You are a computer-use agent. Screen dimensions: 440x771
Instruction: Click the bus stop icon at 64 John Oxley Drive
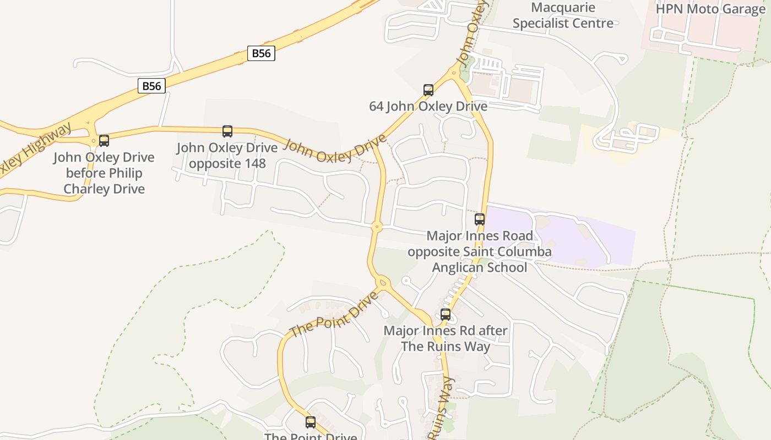pos(428,90)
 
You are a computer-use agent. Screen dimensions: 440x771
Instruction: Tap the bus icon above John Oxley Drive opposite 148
pos(227,131)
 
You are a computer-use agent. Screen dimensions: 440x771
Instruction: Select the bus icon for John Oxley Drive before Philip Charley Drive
pos(104,140)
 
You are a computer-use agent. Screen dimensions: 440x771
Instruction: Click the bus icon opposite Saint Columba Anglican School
pos(480,219)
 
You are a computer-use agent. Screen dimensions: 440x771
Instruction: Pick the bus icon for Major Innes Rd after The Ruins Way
pos(446,315)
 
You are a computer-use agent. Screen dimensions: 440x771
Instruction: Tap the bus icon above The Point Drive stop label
pos(311,422)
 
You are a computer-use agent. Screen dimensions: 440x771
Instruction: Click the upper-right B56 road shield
pos(261,53)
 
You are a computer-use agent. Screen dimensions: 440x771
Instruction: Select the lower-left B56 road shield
pos(151,86)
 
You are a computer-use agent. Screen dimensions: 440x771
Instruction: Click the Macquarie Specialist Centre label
pos(563,15)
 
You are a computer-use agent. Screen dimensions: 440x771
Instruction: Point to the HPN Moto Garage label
pos(710,9)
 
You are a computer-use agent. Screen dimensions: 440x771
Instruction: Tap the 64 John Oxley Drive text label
pos(428,106)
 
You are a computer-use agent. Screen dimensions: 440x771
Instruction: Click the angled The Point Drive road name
pos(334,314)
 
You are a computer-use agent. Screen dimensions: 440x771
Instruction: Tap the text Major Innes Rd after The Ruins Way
pos(446,338)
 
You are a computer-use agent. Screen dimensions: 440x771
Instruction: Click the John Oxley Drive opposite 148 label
pos(227,156)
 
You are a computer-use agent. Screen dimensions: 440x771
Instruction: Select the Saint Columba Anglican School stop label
pos(480,251)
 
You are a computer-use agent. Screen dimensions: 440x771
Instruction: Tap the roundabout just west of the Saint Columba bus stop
pos(377,226)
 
